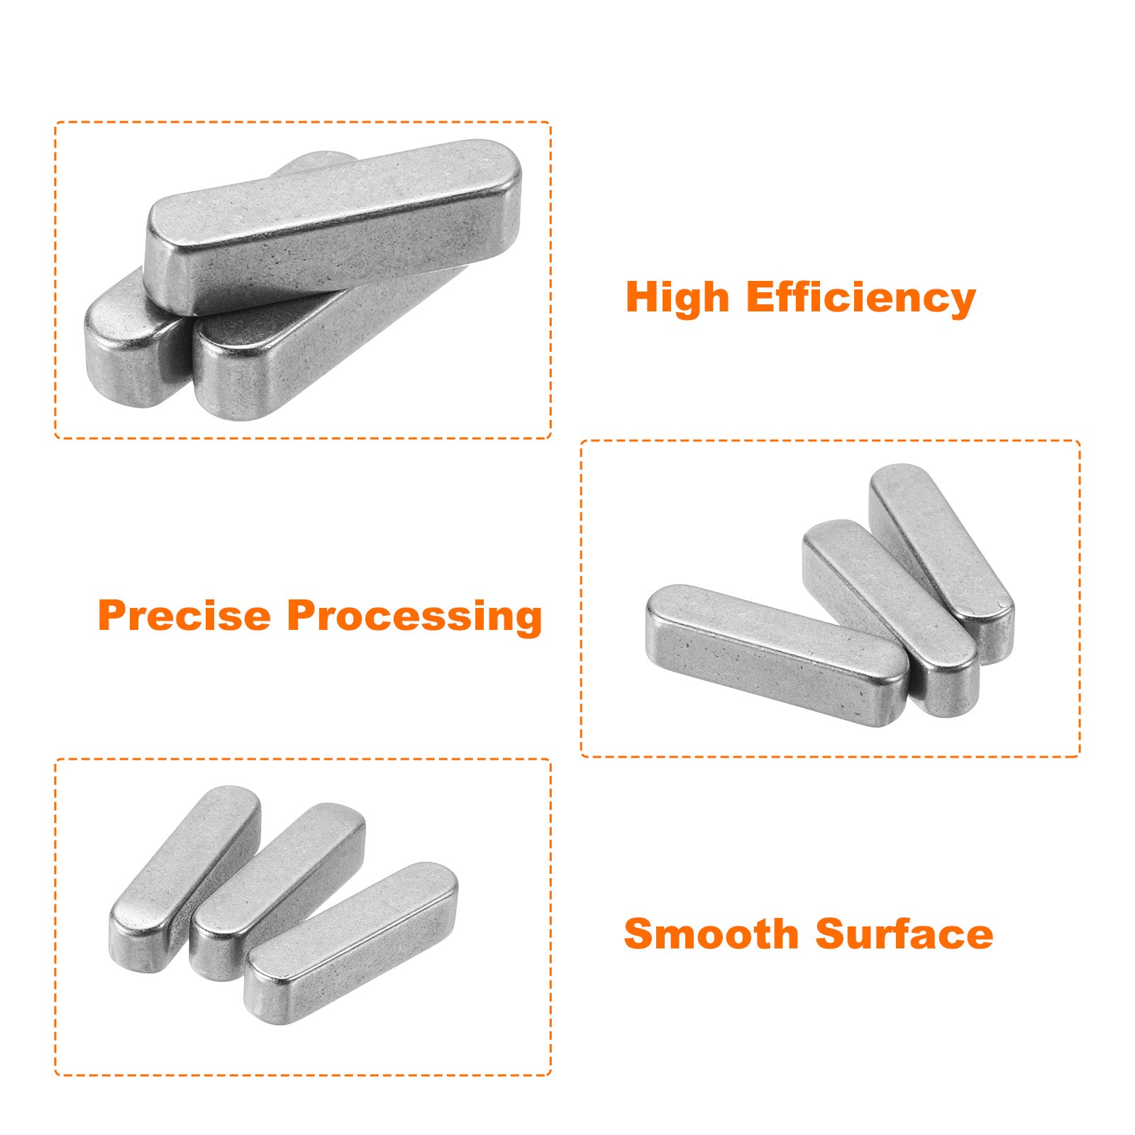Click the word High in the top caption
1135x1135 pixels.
pos(677,298)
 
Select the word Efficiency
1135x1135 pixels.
pos(861,298)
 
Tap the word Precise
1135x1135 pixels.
pos(184,615)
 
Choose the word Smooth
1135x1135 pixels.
pos(712,934)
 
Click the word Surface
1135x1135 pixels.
pos(904,934)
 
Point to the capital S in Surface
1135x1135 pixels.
pos(831,934)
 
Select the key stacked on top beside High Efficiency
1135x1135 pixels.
pos(333,227)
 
